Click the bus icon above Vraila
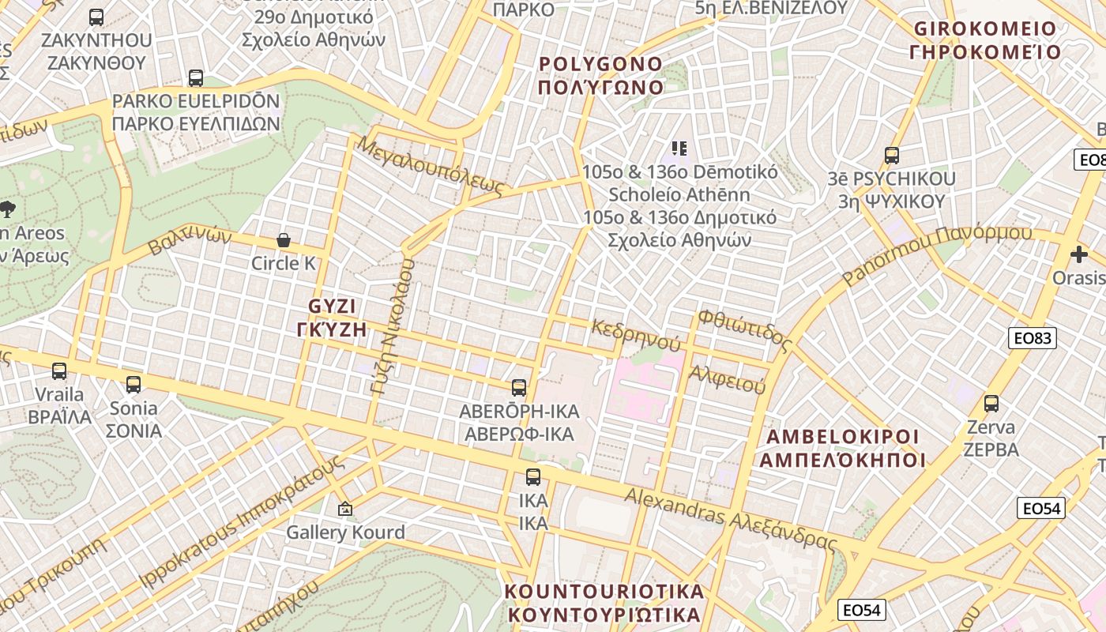pos(59,371)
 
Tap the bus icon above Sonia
pos(134,385)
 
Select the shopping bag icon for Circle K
pos(284,240)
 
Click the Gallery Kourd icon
pos(344,509)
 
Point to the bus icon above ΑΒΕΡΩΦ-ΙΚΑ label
pos(519,388)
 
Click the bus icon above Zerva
pos(991,404)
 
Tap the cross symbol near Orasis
pos(1079,254)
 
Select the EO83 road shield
pos(1033,338)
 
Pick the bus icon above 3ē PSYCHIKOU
pos(892,156)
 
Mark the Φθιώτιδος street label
pos(743,330)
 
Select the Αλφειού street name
pos(728,380)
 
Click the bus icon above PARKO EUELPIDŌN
pos(196,78)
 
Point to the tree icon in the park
pos(8,209)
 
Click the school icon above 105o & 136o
pos(679,148)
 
